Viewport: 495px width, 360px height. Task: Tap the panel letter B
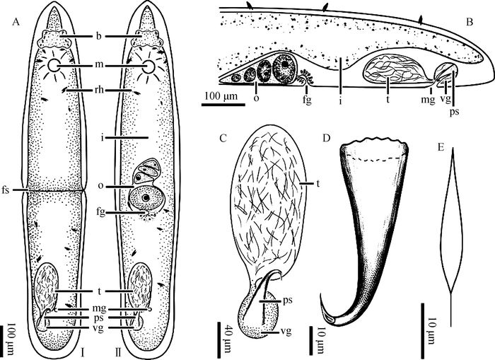click(x=469, y=22)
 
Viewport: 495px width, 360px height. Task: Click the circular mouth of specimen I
click(x=53, y=67)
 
